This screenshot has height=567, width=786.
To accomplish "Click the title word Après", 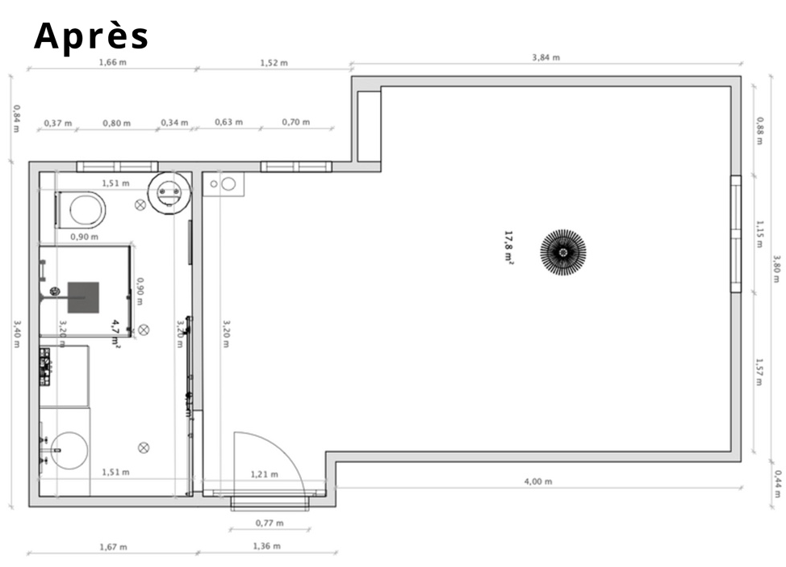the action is click(91, 36).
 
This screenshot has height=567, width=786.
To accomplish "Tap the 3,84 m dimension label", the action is click(546, 57).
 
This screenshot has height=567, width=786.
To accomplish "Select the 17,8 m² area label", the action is click(508, 247).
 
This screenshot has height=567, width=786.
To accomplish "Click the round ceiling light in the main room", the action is click(563, 252).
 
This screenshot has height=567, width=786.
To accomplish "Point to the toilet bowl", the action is click(86, 210).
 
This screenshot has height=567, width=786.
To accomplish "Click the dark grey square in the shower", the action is click(83, 297).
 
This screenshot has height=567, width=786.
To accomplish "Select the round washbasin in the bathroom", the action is click(69, 451).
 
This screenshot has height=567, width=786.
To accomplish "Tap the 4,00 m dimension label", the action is click(538, 481).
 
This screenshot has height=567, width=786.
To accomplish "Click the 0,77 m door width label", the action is click(270, 523).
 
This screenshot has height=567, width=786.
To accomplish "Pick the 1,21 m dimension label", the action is click(264, 474).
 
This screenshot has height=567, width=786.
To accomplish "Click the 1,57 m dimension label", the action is click(759, 372).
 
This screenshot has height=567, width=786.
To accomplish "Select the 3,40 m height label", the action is click(16, 334).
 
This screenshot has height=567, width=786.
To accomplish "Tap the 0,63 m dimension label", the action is click(228, 122).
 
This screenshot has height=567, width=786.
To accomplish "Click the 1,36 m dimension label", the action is click(266, 546).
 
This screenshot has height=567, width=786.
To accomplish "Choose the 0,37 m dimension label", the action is click(57, 123).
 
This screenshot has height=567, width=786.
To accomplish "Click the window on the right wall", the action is click(735, 233).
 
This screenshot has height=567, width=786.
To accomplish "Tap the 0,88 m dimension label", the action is click(760, 131).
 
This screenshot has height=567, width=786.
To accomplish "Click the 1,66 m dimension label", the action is click(112, 62).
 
